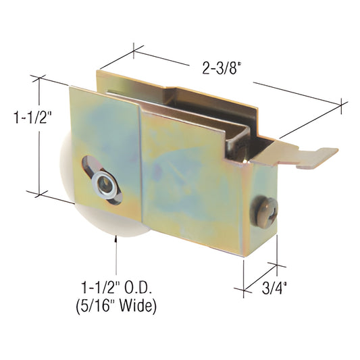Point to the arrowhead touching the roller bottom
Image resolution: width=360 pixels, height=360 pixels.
click(x=117, y=237)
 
